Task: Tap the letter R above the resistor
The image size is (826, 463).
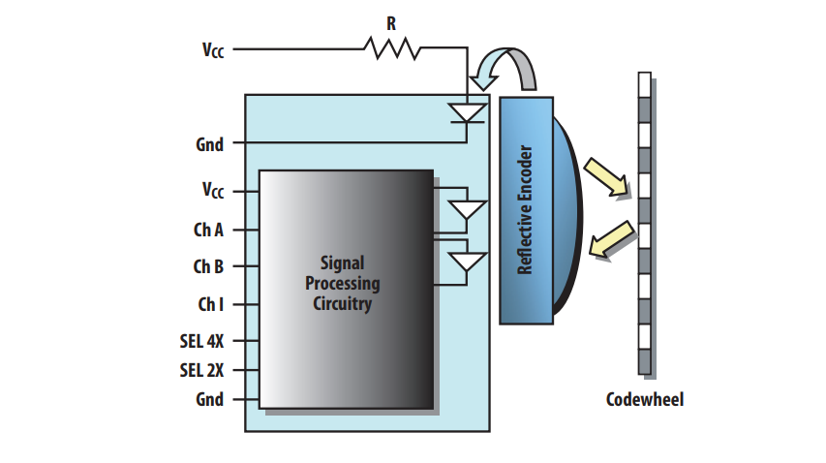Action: (x=391, y=23)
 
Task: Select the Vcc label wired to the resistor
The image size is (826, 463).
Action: (x=212, y=49)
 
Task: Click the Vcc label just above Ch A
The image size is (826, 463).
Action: (x=212, y=191)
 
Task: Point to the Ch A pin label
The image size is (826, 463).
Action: (x=210, y=231)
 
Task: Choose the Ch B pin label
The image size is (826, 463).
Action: (x=210, y=266)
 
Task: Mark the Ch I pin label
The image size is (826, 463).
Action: (x=212, y=303)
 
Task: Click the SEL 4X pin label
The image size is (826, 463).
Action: (x=203, y=341)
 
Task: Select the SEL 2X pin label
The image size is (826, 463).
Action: (x=203, y=370)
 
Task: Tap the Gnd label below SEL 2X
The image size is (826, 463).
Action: (x=209, y=399)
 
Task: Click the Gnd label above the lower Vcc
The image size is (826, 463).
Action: (x=209, y=144)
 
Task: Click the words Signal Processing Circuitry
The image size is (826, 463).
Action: (x=343, y=284)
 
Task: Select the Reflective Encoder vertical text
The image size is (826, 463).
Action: (x=526, y=211)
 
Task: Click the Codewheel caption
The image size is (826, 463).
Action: (x=644, y=399)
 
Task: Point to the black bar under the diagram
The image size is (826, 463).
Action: (x=352, y=454)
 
